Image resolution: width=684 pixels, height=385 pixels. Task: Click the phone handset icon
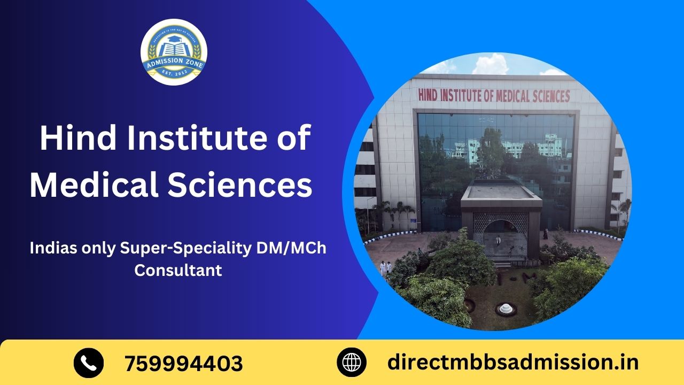[x=89, y=363]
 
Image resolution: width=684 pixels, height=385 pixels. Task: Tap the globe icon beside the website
[x=352, y=363]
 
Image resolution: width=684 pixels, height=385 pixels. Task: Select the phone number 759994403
[x=184, y=364]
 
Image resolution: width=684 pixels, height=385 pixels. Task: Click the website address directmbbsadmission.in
[x=512, y=362]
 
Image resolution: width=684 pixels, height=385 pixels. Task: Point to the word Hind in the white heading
[x=75, y=138]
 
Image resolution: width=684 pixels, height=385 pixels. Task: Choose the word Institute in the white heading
[x=201, y=138]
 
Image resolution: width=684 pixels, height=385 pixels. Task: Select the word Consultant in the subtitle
[x=178, y=270]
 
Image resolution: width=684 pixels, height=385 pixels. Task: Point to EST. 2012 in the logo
[x=174, y=75]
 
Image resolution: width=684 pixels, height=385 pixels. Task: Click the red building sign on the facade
[x=494, y=96]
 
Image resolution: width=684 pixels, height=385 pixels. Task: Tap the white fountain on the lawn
[x=504, y=308]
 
